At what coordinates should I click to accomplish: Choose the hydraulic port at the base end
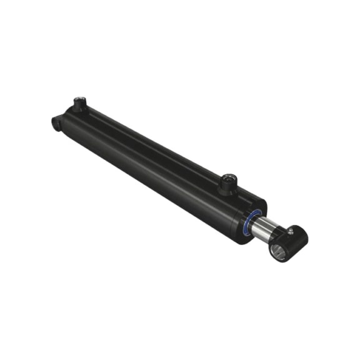pos(79,104)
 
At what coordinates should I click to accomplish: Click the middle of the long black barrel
pos(156,162)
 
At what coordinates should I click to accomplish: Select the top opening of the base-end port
pos(79,100)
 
